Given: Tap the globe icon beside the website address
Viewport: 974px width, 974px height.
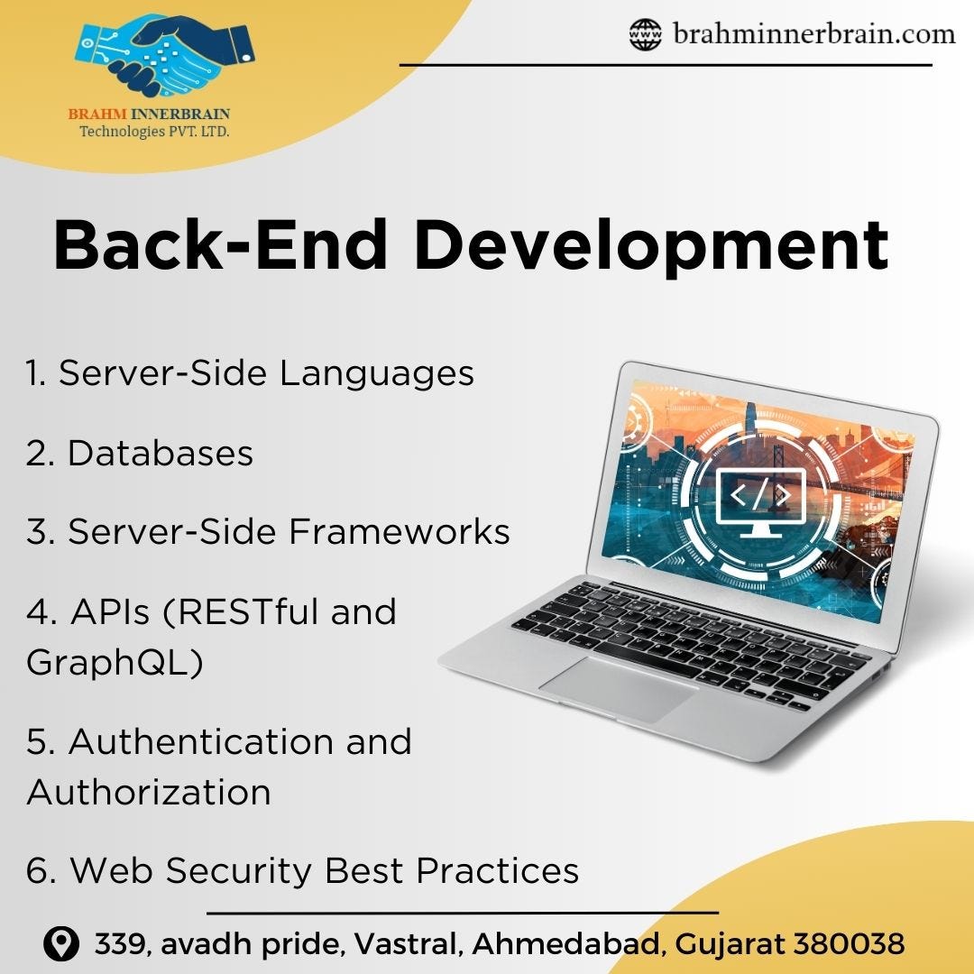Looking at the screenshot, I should coord(645,35).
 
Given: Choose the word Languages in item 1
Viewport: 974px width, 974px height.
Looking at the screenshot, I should coord(376,372).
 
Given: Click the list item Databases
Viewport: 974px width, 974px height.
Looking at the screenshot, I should coord(140,453).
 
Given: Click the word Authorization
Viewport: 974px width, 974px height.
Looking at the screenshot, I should coord(149,793).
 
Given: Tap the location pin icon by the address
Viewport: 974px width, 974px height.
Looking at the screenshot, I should coord(61,944).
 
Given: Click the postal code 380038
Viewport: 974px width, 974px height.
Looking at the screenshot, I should coord(848,944).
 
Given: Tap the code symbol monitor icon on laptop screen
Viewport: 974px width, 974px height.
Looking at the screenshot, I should coord(759,501).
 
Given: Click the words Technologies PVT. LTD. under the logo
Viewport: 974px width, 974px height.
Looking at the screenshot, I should coord(154,132).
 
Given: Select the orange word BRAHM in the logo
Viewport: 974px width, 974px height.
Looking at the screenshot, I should coord(97,114).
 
